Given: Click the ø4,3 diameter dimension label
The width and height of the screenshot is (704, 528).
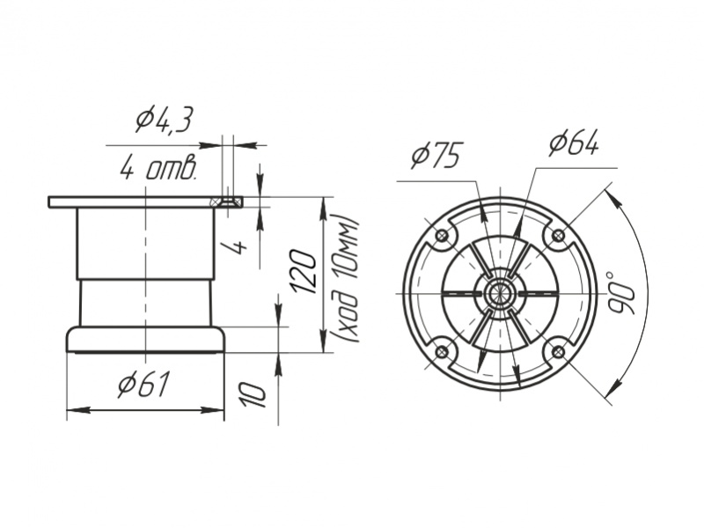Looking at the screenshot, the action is [164, 120].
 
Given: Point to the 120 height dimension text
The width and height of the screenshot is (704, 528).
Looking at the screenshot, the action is [305, 271].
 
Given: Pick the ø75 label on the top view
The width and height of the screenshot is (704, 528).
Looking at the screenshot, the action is [436, 156].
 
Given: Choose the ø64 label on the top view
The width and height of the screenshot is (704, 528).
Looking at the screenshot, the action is [575, 143].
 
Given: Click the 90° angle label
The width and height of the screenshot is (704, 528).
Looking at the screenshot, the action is [622, 292].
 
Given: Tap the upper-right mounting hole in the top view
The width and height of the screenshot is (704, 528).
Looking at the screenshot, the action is [559, 234].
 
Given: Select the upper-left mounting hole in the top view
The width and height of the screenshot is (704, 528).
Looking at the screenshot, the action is [443, 235].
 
